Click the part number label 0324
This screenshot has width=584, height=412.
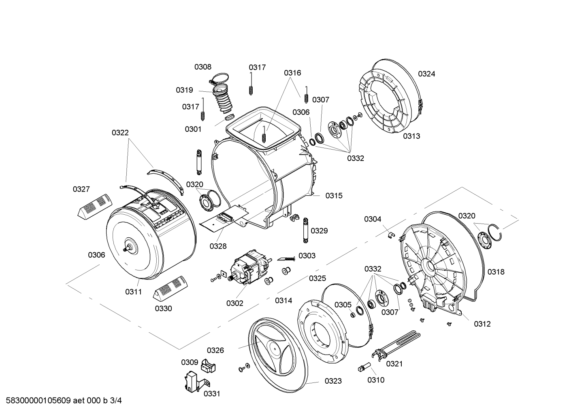(x=426, y=74)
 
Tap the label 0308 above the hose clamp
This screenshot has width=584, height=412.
(x=203, y=67)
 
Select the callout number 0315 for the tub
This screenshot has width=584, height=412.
(x=334, y=196)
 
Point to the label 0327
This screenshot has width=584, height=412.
(x=81, y=189)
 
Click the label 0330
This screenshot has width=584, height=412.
(x=164, y=308)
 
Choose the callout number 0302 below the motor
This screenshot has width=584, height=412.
(x=234, y=303)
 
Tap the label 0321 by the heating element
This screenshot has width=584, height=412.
(x=394, y=364)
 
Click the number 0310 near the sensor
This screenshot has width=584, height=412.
(x=376, y=380)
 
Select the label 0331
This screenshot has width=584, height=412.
(x=212, y=394)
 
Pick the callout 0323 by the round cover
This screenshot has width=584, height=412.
(x=333, y=381)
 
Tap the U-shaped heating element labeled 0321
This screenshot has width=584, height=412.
(x=396, y=345)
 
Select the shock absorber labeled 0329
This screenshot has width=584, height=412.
(x=305, y=230)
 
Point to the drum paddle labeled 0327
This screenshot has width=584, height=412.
(x=95, y=205)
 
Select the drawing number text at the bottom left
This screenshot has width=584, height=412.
(x=64, y=401)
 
